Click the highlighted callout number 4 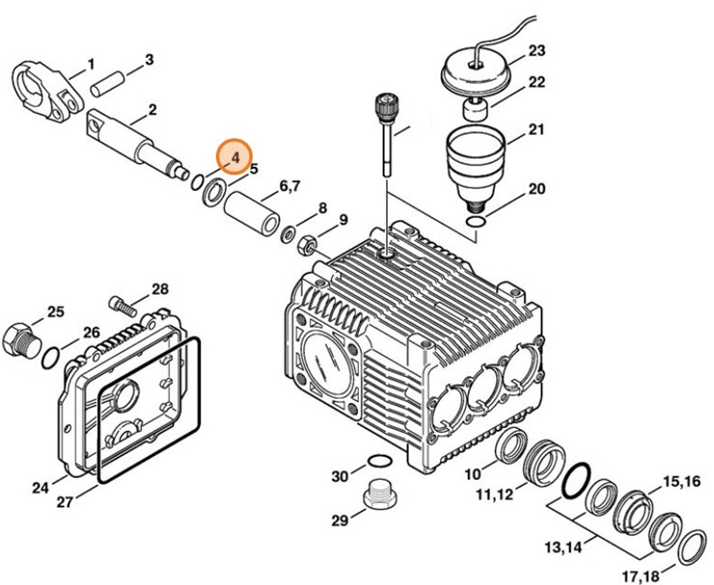(x=235, y=158)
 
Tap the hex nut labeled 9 (x=306, y=246)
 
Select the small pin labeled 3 (x=105, y=84)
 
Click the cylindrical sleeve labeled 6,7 (x=252, y=213)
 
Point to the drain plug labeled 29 (x=380, y=492)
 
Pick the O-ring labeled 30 (x=379, y=461)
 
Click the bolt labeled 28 (x=123, y=306)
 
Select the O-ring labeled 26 (x=50, y=359)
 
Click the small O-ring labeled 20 (x=477, y=222)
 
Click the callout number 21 (x=535, y=130)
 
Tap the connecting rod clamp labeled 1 (x=48, y=93)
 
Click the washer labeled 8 (x=288, y=234)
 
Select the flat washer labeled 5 (x=213, y=192)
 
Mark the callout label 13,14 (x=563, y=547)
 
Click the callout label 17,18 (x=641, y=576)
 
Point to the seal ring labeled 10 (x=511, y=446)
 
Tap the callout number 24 (x=41, y=488)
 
